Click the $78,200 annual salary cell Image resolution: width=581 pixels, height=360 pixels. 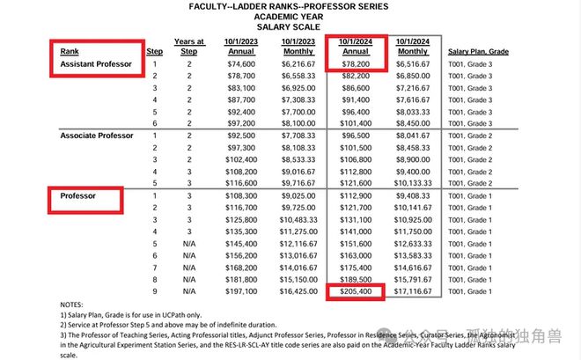355,64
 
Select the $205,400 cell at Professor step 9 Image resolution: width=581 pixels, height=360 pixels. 355,290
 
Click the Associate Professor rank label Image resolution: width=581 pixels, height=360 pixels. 96,136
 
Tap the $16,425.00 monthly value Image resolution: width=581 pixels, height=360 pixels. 301,290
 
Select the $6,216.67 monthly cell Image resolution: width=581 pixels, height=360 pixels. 301,64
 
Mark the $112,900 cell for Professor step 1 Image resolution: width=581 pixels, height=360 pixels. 355,195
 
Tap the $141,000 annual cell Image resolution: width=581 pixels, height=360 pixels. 355,231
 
